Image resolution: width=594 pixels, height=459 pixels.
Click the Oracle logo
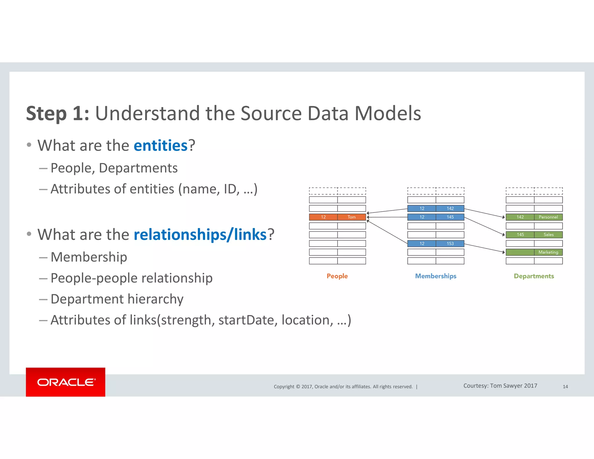click(x=66, y=382)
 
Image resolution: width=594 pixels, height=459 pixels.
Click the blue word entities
click(x=160, y=145)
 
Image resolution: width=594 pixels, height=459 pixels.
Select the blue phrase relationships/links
click(x=200, y=234)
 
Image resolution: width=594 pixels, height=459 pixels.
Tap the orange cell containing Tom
click(x=352, y=217)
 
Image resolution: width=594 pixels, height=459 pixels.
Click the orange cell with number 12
click(x=323, y=217)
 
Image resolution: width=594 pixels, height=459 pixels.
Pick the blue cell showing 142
click(x=450, y=208)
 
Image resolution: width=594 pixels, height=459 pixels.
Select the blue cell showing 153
click(x=450, y=243)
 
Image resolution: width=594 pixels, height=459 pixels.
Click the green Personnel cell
click(x=548, y=217)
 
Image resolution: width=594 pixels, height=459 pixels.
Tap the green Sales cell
click(x=548, y=234)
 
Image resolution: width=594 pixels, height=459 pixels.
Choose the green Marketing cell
click(x=548, y=252)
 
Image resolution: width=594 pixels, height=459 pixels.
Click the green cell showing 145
click(x=520, y=234)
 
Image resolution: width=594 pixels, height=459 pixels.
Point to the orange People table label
click(x=337, y=276)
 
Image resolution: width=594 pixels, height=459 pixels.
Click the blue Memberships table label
click(x=436, y=276)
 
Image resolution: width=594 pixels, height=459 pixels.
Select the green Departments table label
click(x=534, y=276)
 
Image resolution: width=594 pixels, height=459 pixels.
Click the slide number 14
click(x=565, y=386)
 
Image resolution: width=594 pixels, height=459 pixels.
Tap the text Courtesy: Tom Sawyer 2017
click(x=500, y=386)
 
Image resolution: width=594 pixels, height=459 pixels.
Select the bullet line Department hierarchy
click(x=117, y=299)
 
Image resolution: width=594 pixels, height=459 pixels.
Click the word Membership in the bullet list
click(x=89, y=257)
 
